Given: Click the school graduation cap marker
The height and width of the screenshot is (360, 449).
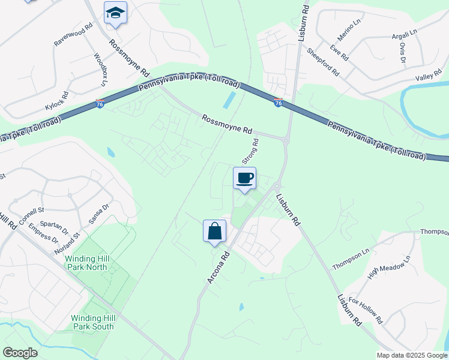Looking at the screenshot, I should (x=115, y=13).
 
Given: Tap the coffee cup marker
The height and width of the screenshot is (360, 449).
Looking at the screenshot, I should (x=244, y=178).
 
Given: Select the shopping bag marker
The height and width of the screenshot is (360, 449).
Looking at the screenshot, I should (x=215, y=231).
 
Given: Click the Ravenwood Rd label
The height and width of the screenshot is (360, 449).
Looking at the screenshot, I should (x=74, y=35).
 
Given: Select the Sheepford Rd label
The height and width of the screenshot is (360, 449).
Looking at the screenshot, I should (x=323, y=62).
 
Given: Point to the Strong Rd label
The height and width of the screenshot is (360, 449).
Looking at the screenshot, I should (x=250, y=152).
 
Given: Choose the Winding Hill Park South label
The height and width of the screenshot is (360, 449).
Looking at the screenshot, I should (x=92, y=322).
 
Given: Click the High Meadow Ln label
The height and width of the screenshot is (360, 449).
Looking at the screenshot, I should (x=388, y=268).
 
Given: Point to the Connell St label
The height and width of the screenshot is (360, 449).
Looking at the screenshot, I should (x=32, y=216).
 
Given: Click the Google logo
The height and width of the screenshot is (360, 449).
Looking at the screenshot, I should (x=20, y=353).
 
